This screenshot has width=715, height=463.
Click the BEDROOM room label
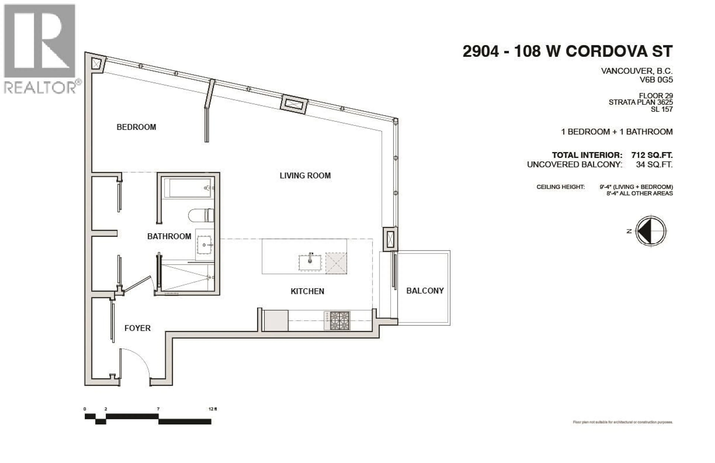point(136,127)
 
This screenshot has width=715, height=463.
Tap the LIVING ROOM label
point(305,176)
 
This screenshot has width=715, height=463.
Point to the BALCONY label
point(425,291)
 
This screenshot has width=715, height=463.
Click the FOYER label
point(137,328)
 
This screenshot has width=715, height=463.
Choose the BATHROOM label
point(169,236)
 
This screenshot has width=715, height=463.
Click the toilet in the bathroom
point(201,215)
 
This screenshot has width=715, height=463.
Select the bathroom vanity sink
point(205,245)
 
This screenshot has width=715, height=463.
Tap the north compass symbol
point(651,231)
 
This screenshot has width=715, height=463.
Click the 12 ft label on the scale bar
point(212,409)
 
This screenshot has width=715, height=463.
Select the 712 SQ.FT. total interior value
point(652,155)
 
